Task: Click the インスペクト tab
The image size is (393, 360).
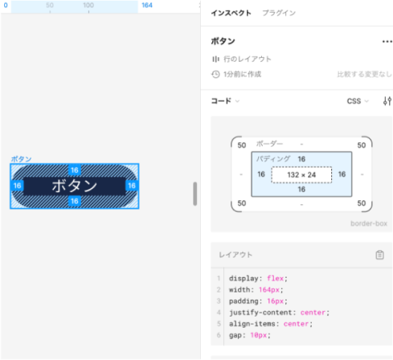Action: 231,13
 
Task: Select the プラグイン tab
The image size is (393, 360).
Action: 279,13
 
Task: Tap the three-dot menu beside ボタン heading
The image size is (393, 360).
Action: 387,42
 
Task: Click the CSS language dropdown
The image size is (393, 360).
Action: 358,101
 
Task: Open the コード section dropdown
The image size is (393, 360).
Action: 225,101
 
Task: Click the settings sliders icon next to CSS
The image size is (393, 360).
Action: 387,101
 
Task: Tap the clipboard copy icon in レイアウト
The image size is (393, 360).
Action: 379,255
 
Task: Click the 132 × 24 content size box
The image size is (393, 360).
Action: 301,174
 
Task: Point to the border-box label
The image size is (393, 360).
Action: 369,223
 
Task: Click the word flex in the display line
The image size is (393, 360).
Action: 275,278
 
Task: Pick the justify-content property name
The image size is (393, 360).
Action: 260,313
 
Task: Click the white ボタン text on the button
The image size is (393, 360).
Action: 75,186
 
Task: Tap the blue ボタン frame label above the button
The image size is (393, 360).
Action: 21,159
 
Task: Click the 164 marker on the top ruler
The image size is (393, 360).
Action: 147,5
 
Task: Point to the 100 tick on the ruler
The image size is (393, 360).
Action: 88,5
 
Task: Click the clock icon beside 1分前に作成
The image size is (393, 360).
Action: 215,74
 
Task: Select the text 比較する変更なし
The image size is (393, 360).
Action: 364,74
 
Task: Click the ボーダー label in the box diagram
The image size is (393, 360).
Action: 269,144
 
